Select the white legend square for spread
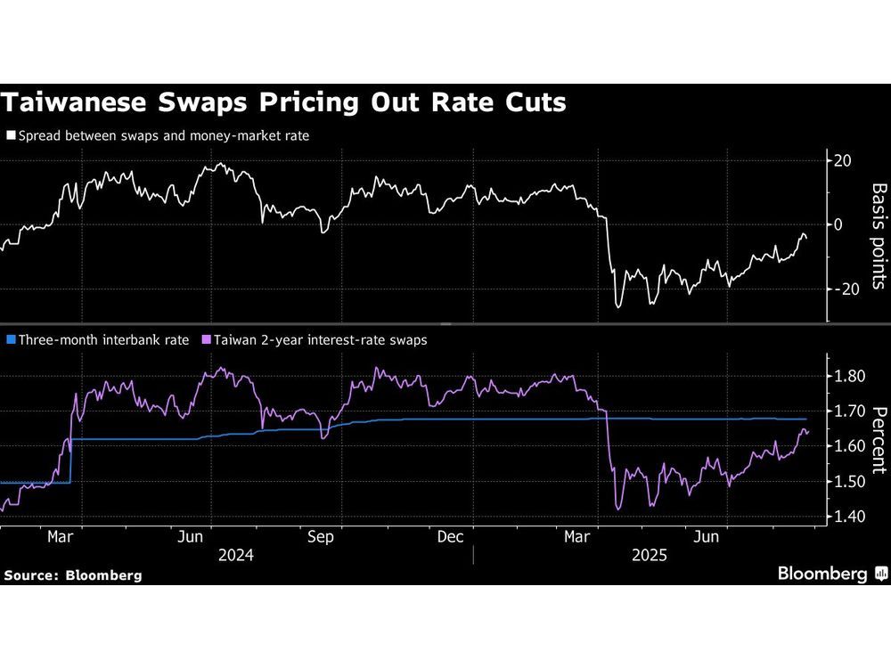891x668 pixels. point(10,135)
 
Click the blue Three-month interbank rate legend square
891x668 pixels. point(10,339)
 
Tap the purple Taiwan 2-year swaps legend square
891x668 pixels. point(208,339)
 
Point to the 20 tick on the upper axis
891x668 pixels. point(843,160)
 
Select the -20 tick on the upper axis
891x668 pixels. point(843,289)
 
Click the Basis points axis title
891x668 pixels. point(878,236)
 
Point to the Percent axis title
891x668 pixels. point(878,438)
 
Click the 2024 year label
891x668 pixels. point(235,555)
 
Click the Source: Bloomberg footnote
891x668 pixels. point(72,575)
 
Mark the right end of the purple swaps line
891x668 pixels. point(808,432)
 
